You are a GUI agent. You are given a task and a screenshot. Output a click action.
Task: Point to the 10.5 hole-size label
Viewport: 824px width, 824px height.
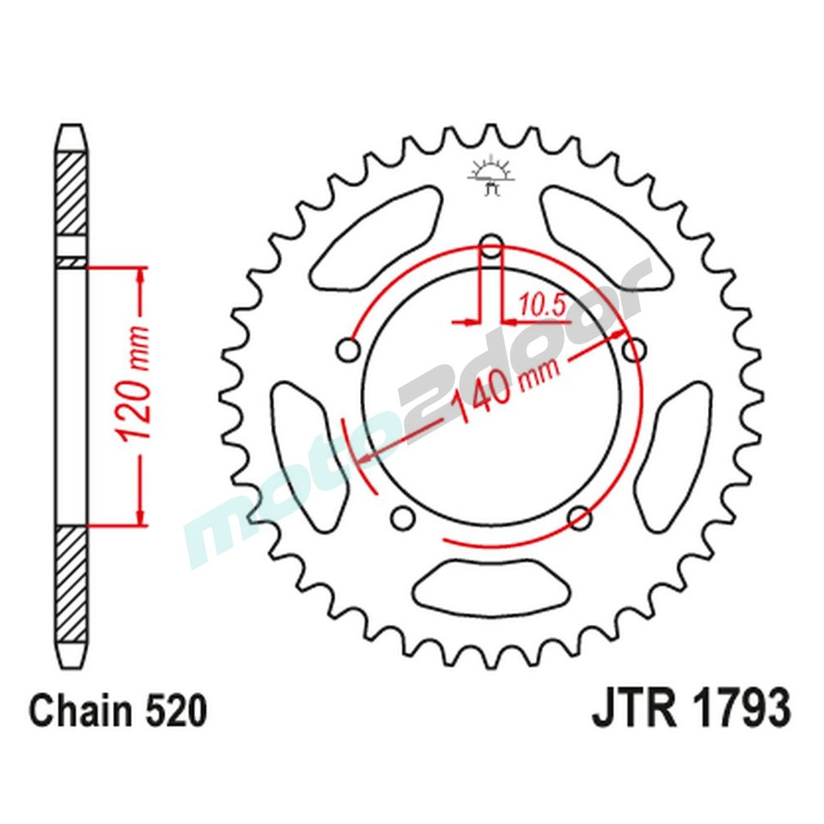point(541,307)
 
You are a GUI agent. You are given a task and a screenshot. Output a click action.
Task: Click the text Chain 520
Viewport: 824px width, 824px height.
point(117,711)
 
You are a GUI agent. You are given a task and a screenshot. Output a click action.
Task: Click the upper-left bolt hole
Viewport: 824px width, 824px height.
point(349,350)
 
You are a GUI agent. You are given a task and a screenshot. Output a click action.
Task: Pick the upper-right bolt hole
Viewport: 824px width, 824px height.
point(634,350)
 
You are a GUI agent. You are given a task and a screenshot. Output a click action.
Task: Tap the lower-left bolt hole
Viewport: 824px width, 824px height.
point(403,518)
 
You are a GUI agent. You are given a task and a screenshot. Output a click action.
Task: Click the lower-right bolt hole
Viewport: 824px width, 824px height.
point(580,518)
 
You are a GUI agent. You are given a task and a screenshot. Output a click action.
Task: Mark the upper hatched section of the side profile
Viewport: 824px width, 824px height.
point(72,194)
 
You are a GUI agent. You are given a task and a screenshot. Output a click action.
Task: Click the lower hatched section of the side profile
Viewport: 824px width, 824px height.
point(72,585)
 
